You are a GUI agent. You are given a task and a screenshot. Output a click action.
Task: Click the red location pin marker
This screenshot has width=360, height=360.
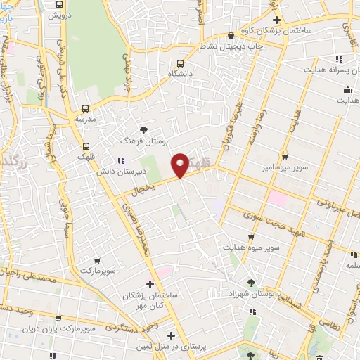[x=181, y=165]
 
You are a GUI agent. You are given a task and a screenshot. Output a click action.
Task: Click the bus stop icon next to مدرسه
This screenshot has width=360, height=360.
[x=86, y=109]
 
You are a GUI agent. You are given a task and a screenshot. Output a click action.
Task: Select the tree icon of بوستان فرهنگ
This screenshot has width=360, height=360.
[x=144, y=130]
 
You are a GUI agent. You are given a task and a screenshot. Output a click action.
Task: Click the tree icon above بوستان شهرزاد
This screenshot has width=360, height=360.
[x=252, y=282]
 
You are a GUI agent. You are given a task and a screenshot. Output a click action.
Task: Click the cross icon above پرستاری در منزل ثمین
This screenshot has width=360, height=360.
[x=171, y=335]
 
